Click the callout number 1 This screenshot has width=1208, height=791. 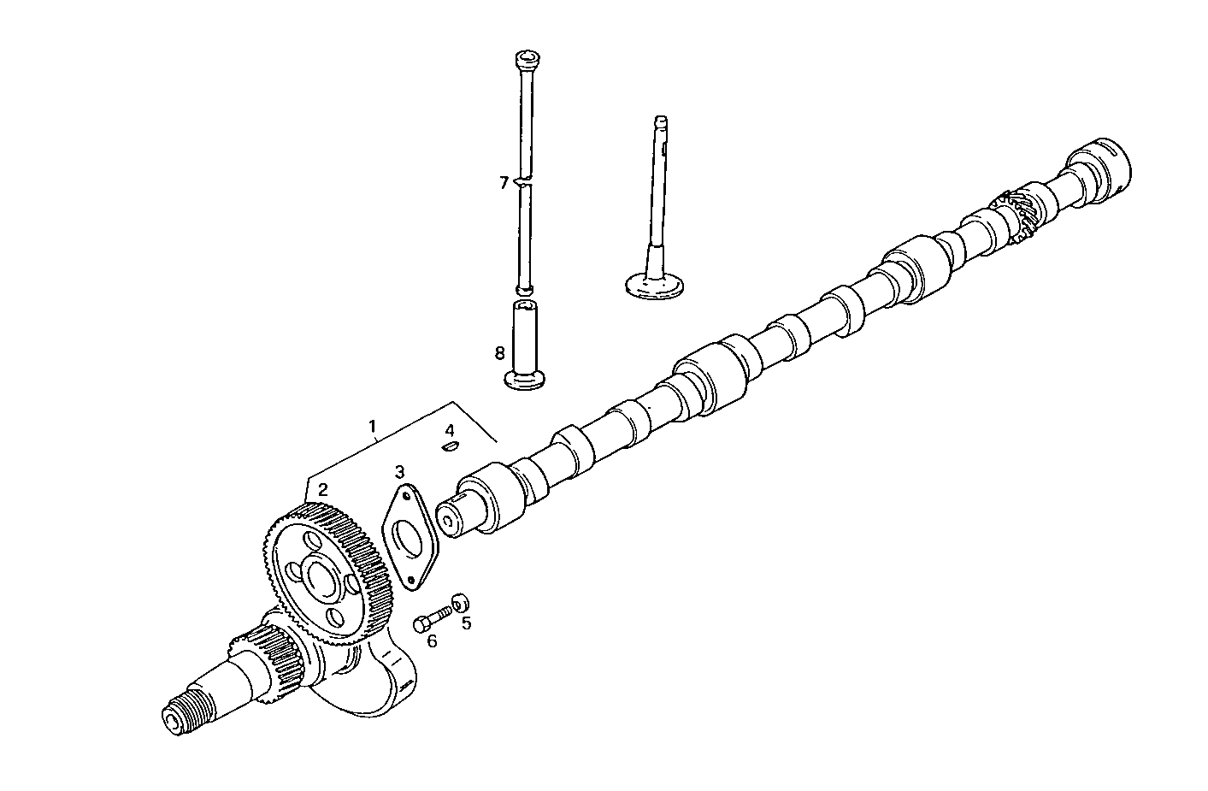[372, 425]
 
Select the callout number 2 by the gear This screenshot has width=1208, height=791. [322, 490]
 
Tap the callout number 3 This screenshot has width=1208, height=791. [399, 471]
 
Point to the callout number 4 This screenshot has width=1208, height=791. [450, 428]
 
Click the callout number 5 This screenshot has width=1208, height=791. [467, 623]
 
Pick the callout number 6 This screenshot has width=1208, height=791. [432, 640]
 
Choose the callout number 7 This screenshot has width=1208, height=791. [504, 182]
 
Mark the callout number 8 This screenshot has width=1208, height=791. [500, 352]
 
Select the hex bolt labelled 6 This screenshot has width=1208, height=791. [433, 617]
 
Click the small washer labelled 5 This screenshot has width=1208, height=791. [460, 600]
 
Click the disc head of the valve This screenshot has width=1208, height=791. [651, 286]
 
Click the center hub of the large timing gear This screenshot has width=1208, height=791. [322, 579]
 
